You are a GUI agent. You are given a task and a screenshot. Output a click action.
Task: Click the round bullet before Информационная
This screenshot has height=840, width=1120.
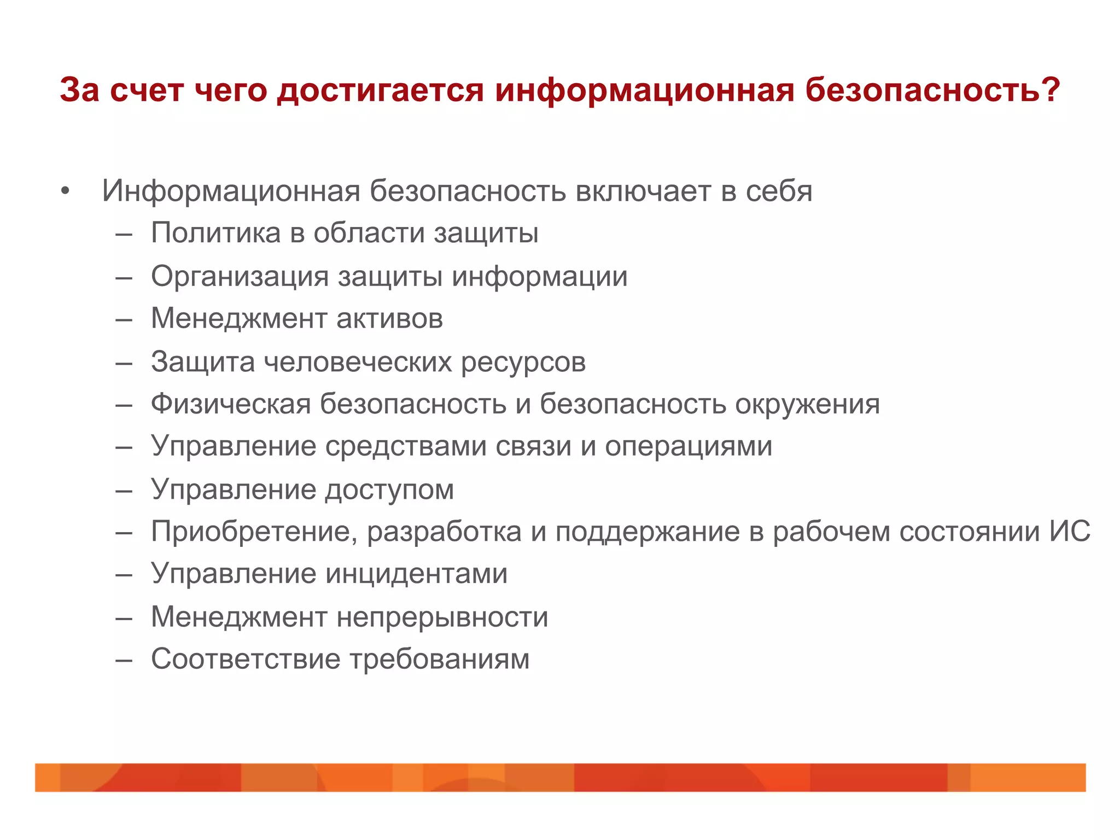click(66, 191)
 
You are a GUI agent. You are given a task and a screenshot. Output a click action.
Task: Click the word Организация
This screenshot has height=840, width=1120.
click(240, 276)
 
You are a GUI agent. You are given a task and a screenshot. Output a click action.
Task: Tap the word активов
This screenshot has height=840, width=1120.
click(389, 318)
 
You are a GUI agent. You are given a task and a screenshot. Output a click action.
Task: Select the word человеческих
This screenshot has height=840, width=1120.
click(358, 362)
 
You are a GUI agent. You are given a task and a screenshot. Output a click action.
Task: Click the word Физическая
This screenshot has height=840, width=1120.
click(231, 404)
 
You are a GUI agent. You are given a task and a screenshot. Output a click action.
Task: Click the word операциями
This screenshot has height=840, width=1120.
click(689, 447)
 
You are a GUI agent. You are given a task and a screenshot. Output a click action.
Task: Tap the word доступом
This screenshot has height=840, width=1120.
click(389, 490)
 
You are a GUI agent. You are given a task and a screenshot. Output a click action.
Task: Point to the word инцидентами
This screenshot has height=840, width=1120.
click(417, 574)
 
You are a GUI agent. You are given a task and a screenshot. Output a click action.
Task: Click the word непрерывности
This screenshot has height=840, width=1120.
click(442, 617)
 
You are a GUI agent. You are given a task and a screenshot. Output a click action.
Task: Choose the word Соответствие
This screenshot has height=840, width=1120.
click(246, 659)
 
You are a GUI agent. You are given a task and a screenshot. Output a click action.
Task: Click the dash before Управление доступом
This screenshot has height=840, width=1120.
click(124, 491)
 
